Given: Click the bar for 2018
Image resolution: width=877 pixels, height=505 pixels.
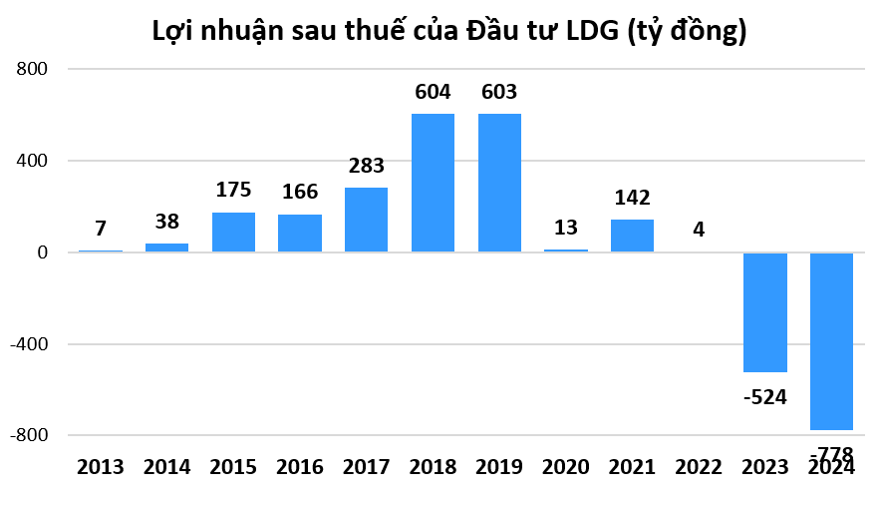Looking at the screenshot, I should [433, 183].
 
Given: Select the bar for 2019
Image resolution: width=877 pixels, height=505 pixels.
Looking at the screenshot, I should [499, 183].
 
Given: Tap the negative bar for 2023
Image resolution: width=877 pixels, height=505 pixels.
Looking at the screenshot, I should [765, 312].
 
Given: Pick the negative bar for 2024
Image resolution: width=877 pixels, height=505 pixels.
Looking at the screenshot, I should [831, 341].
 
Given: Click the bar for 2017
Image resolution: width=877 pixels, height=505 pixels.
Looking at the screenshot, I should [366, 220].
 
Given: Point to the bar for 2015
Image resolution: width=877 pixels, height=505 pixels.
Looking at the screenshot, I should [233, 232].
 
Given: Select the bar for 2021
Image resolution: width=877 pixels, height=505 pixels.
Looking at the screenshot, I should [632, 236].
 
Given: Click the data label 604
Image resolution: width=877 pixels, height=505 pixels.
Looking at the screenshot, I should [433, 93].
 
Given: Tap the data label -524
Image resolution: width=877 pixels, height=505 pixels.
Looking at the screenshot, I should [764, 397].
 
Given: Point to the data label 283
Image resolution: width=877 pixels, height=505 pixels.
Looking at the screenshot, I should [366, 166].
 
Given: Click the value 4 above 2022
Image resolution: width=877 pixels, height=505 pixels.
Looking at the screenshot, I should [699, 230].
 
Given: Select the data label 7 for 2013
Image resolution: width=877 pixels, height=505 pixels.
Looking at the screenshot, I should [101, 230].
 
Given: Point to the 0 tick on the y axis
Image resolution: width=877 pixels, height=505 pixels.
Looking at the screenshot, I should [42, 252].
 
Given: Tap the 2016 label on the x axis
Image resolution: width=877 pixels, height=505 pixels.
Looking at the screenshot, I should [299, 467].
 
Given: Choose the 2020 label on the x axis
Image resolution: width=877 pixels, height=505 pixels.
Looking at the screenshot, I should [565, 467].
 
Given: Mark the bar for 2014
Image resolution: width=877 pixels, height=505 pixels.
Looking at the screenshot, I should [166, 247].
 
